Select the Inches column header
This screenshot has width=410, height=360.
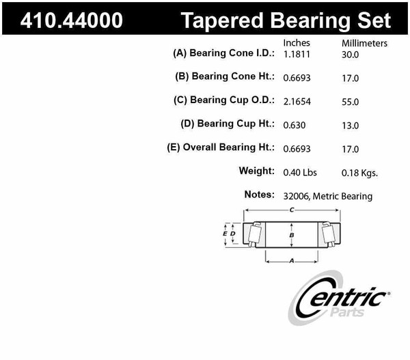(x=297, y=43)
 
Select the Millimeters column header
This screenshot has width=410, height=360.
(x=364, y=43)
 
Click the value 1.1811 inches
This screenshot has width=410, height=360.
(x=297, y=54)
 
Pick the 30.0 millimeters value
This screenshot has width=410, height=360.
(x=350, y=54)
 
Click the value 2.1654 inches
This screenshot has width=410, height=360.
(x=297, y=101)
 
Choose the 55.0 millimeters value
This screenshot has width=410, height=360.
(x=350, y=101)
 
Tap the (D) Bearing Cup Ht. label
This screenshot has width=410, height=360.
(x=228, y=124)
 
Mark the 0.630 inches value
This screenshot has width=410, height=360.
(x=295, y=125)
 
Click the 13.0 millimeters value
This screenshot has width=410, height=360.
(x=350, y=125)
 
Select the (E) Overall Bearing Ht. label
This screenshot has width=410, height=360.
(x=221, y=148)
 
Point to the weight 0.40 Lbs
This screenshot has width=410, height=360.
(x=300, y=171)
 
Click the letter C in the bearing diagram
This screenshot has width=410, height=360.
(x=292, y=210)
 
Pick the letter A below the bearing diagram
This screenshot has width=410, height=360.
(x=292, y=260)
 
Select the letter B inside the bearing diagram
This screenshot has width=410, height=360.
(x=292, y=236)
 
